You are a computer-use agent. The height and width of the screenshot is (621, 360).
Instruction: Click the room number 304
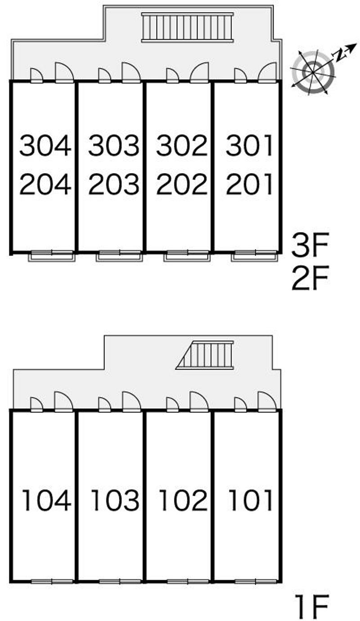click(45, 145)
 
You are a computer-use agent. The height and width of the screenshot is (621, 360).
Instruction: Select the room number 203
click(114, 183)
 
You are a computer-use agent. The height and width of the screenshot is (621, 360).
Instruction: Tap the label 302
click(182, 145)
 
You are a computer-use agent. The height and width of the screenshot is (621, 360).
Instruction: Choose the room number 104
click(47, 500)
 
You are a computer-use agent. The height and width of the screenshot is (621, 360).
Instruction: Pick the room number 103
click(115, 500)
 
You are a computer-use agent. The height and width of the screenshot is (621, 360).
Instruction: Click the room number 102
click(183, 500)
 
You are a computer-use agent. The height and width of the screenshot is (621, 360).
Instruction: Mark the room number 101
click(250, 500)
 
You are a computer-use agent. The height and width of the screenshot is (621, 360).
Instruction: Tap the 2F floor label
click(310, 278)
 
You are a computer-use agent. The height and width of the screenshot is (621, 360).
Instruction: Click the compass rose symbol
click(313, 72)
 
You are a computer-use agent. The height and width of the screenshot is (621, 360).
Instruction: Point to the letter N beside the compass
click(338, 55)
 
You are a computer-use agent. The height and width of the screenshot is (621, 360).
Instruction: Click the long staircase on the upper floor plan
click(188, 27)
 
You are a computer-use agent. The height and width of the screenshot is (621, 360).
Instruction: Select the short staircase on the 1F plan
click(205, 355)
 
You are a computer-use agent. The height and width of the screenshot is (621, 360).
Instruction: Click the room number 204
click(45, 183)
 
